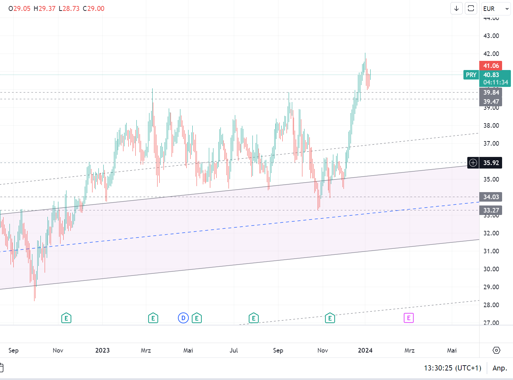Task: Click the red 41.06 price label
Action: point(491,66)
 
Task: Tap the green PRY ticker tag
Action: point(471,75)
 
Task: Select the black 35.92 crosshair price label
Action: point(491,163)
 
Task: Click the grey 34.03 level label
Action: point(491,197)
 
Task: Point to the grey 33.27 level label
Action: point(491,210)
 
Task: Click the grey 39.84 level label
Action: point(491,93)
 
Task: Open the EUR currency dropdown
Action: point(496,9)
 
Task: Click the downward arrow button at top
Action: point(456,8)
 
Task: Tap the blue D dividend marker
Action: point(183,318)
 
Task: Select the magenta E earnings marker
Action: point(409,318)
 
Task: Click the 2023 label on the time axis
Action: point(102,350)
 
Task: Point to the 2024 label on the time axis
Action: point(365,350)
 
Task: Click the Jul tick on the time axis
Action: point(234,350)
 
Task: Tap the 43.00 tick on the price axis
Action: point(491,36)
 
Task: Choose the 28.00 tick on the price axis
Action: point(491,305)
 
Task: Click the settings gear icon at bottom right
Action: point(496,350)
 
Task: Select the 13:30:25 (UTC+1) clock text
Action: point(453,368)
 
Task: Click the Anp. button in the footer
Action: point(500,368)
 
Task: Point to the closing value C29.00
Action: point(94,9)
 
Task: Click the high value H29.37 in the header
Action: point(45,9)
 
